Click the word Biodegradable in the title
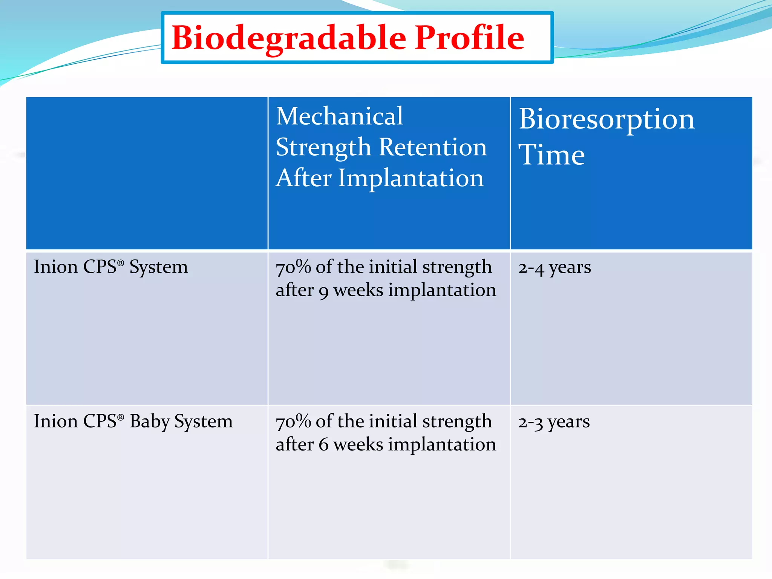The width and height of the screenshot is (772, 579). pos(289,38)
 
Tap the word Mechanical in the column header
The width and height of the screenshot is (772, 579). pos(339,116)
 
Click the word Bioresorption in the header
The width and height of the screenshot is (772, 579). pos(606,119)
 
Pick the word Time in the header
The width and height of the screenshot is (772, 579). pos(551,155)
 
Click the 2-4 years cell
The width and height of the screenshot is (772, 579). pos(554,268)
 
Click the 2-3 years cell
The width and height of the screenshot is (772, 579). pos(553,422)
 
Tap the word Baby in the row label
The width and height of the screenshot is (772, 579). pos(150,422)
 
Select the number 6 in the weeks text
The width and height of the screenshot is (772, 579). pos(323,445)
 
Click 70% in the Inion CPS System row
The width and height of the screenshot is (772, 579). pos(293,268)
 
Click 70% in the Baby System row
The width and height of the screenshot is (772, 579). pos(293,422)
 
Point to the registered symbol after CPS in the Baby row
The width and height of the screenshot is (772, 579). pos(121,417)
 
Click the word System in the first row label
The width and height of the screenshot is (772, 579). pos(158,268)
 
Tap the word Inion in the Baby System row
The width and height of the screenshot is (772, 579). pos(55,421)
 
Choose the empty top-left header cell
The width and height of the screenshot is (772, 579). pos(147,173)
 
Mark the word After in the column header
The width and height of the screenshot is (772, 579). pos(303,178)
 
